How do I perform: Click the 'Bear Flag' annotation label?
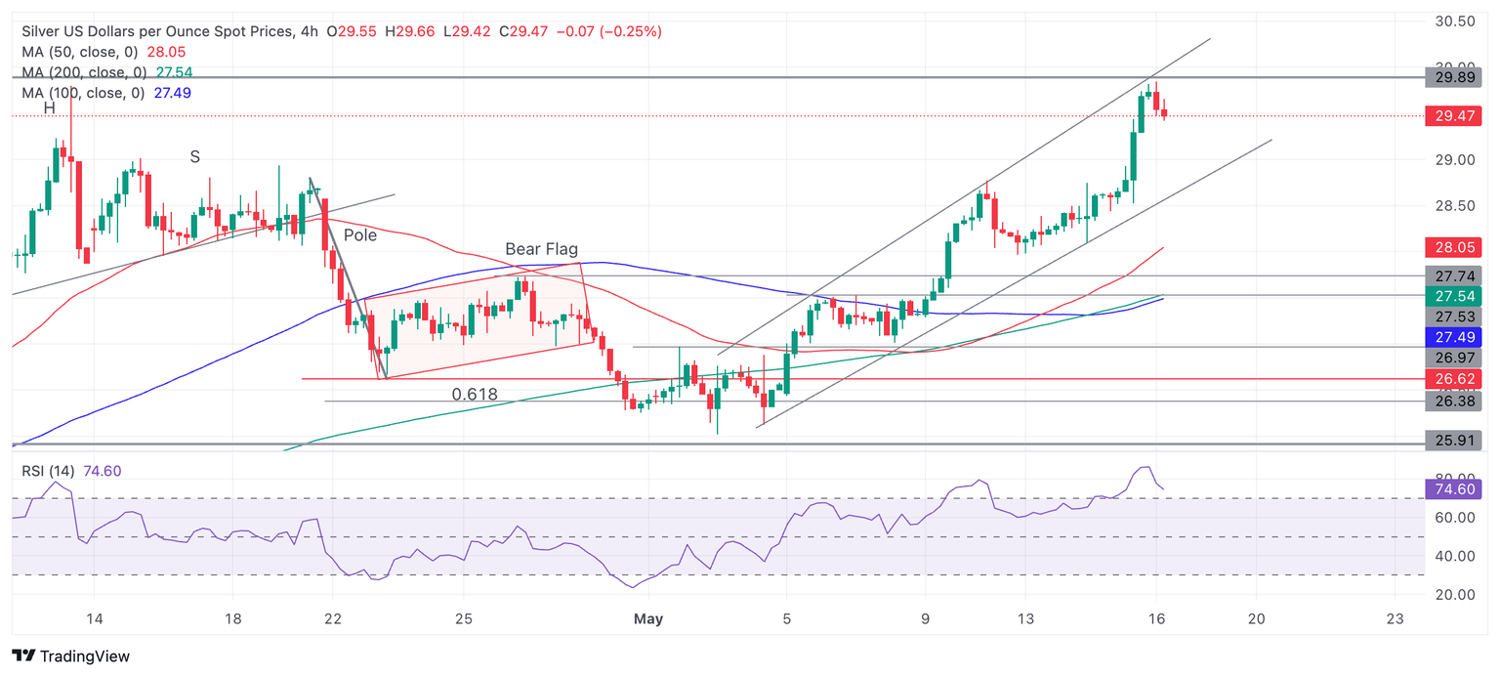(541, 249)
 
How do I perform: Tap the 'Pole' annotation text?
(359, 235)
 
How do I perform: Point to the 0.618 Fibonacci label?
(475, 395)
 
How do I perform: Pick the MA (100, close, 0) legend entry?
(82, 93)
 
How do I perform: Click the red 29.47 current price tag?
(1454, 115)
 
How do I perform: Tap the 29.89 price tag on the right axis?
(1454, 77)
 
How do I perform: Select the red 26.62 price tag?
(1454, 378)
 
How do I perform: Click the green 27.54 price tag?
(1454, 295)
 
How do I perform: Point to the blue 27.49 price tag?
(1454, 337)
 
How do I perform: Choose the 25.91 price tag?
(1454, 444)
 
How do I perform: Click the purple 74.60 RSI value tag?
(1454, 489)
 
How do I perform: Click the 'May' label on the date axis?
(648, 618)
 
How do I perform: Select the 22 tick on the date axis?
(333, 618)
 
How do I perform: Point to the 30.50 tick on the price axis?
(1454, 21)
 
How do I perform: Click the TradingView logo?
(70, 656)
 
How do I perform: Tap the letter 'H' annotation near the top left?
(49, 107)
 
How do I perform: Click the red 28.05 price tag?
(1454, 248)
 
